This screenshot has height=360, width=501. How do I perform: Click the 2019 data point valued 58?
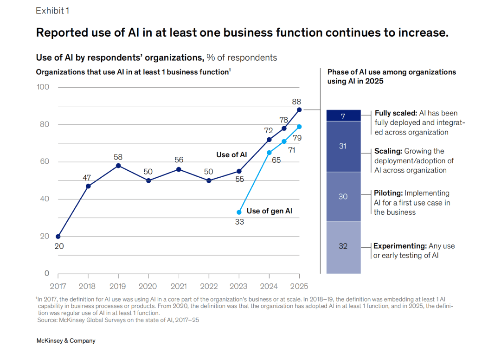(x=118, y=166)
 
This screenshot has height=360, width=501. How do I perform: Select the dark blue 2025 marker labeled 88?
(x=299, y=109)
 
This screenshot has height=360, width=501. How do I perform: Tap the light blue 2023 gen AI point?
(x=239, y=212)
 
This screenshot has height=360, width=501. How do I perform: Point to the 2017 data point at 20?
(x=58, y=236)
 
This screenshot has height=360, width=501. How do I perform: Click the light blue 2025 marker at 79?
(x=299, y=127)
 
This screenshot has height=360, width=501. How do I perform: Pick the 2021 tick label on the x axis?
(x=179, y=286)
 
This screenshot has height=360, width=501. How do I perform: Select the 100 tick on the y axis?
(x=43, y=87)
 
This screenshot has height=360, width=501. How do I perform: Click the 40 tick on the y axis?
(x=43, y=199)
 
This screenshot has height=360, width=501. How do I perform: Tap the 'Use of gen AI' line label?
(x=270, y=211)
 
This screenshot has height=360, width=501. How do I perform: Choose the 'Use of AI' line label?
(x=231, y=154)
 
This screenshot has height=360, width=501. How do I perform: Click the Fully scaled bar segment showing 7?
(x=343, y=116)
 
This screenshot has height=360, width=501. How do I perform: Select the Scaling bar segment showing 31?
(x=343, y=147)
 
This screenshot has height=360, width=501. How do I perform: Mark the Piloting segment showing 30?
(x=343, y=197)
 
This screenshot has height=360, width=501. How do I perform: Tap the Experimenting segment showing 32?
(x=343, y=246)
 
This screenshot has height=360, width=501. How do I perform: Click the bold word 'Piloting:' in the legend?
(x=388, y=193)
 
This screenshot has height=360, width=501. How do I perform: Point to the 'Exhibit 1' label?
(x=52, y=11)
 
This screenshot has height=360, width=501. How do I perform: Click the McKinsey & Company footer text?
(x=66, y=341)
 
